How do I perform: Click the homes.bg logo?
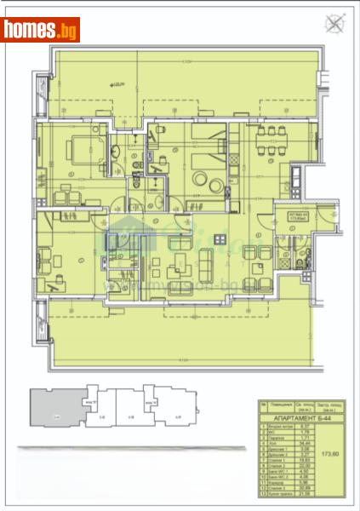41,30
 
